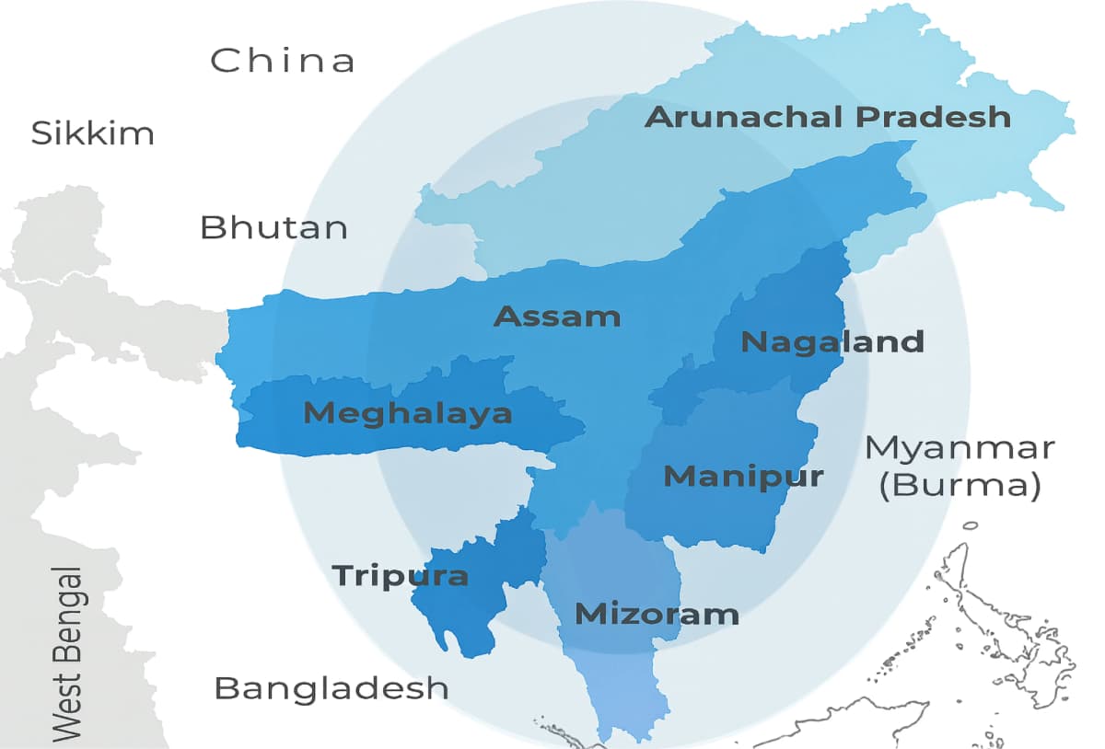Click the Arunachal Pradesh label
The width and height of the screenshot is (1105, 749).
(x=827, y=118)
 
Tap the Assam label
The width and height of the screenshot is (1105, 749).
(x=557, y=317)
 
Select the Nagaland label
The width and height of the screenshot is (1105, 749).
(x=832, y=342)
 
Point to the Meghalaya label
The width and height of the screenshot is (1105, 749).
(x=408, y=413)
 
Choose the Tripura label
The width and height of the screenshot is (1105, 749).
(x=400, y=576)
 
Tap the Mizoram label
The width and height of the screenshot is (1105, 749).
(x=657, y=614)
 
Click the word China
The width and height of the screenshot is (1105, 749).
(x=283, y=61)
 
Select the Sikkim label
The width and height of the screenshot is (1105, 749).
(x=92, y=133)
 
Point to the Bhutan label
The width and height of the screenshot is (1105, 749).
(x=274, y=227)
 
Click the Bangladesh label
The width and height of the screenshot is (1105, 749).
(x=331, y=687)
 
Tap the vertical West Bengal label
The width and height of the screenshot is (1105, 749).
(x=67, y=655)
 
